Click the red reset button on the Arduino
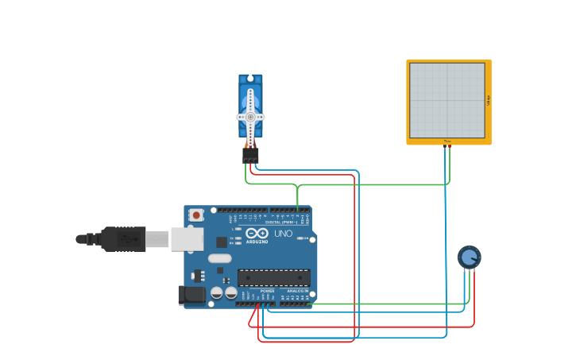click(195, 215)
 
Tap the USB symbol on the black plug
click(126, 238)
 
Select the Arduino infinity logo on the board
click(257, 233)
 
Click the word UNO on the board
click(283, 234)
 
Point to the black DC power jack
click(191, 295)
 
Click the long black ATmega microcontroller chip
click(273, 277)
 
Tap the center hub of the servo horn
click(250, 117)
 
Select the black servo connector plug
click(250, 155)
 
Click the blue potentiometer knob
click(469, 257)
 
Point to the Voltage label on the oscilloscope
click(488, 100)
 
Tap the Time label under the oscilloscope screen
click(446, 141)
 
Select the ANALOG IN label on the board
click(297, 291)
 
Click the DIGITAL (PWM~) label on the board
click(279, 222)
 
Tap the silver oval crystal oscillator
click(219, 257)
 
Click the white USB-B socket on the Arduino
click(187, 238)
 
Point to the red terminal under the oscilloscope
click(449, 146)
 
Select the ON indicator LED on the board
click(299, 238)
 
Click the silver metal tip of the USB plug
click(157, 238)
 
